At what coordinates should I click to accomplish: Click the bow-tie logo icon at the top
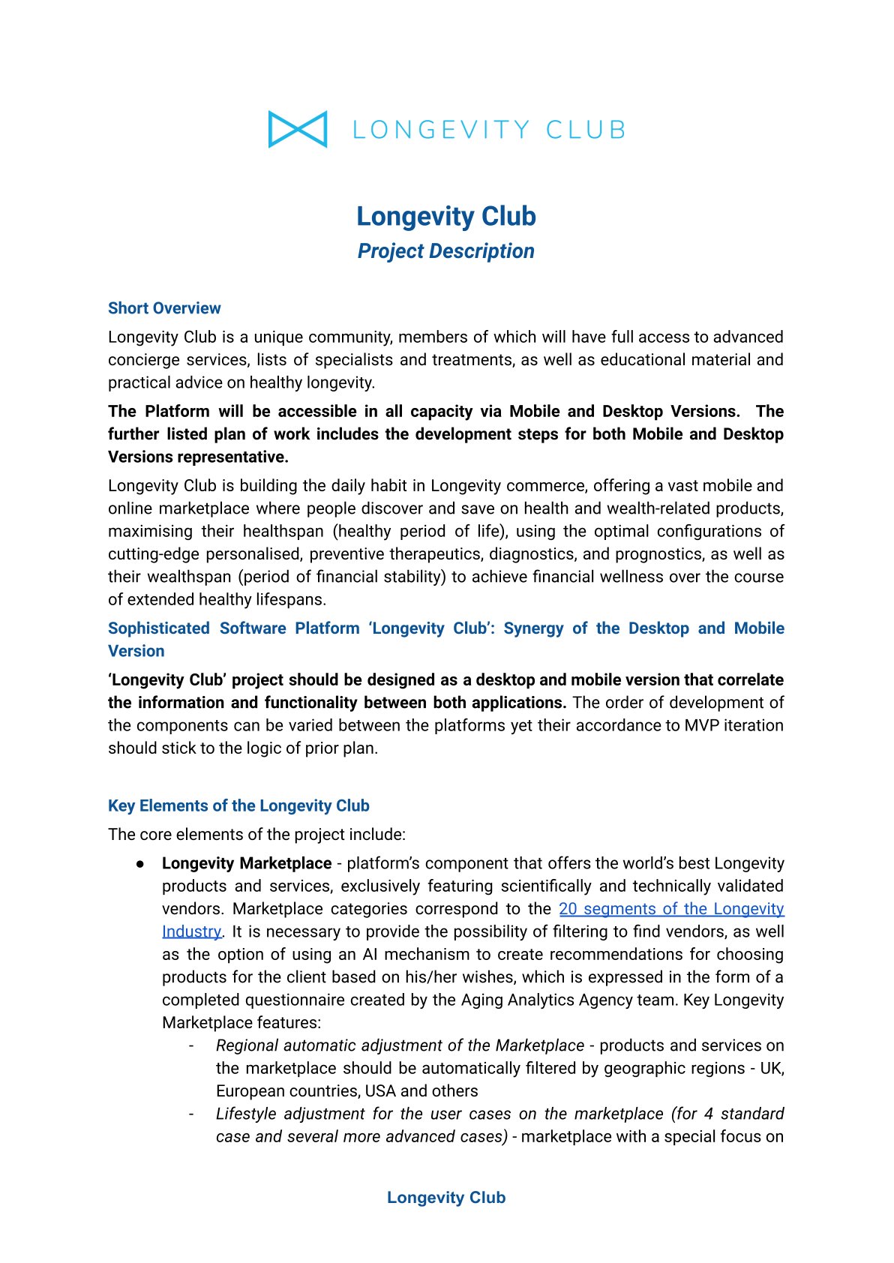pos(298,129)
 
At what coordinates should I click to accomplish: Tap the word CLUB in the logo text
pos(585,130)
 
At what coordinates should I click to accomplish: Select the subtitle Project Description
pos(445,251)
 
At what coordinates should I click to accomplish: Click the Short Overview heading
pos(164,308)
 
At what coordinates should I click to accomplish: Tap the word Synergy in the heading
pos(533,628)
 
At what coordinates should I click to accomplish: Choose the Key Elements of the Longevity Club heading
pos(238,805)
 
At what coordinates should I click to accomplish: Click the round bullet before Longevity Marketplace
pos(140,864)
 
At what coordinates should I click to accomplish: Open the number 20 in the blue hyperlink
pos(568,909)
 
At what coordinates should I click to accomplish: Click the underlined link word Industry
pos(191,931)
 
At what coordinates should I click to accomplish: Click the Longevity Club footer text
pos(446,1198)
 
